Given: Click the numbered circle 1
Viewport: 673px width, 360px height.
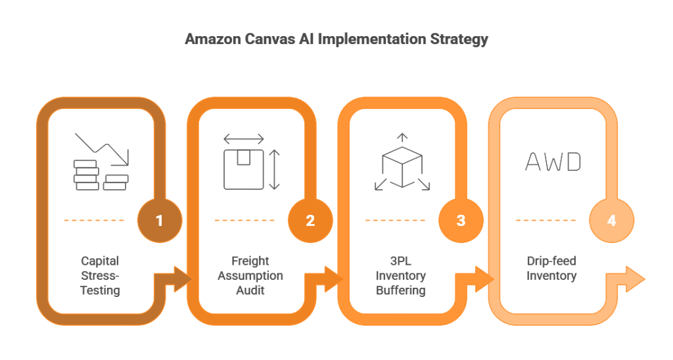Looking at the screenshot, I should pos(159,220).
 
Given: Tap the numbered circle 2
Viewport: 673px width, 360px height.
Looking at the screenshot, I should pos(310,220).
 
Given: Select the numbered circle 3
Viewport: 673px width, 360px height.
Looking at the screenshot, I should pos(461,220).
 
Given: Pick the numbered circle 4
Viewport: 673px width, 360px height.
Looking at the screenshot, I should pos(611,220).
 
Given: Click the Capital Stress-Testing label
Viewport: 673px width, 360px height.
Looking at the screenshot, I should pos(100,275).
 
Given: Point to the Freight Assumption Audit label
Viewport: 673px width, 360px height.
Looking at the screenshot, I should pos(250,275).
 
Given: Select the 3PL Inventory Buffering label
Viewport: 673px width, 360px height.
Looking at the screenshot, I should pos(401,275).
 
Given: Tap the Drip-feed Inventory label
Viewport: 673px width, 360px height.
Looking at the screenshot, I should pos(551,268).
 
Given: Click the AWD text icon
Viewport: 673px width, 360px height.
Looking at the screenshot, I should pos(553,162).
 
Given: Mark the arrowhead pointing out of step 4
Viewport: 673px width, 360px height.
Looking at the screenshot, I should pos(636,279).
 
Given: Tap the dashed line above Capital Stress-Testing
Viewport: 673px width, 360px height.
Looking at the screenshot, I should pos(94,220).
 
